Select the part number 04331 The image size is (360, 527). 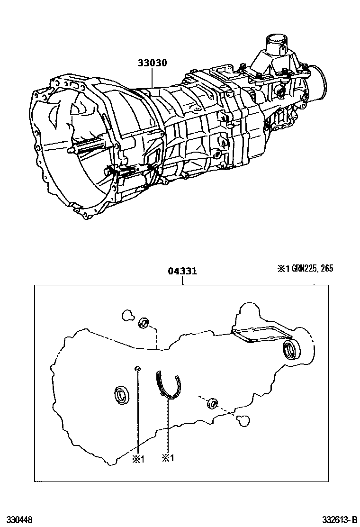(182, 272)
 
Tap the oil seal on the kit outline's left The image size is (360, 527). (121, 394)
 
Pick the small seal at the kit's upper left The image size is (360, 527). (144, 324)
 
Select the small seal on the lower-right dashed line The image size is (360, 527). (212, 404)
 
